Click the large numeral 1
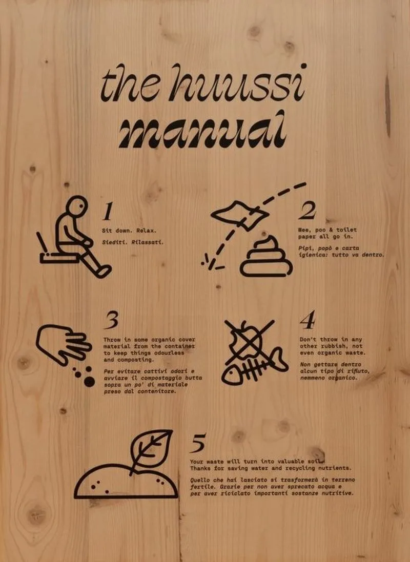click(108, 211)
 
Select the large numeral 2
click(307, 210)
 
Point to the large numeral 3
click(112, 320)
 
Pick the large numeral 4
click(308, 320)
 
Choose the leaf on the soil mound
click(151, 449)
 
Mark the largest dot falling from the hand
click(89, 382)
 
